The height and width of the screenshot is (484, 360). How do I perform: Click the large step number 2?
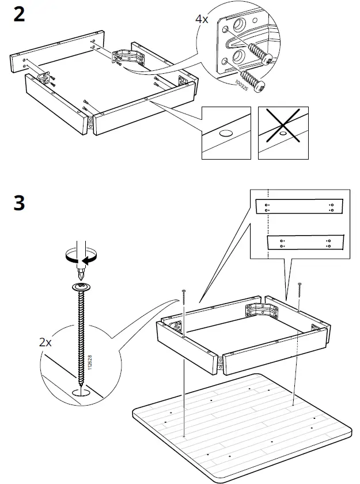click(19, 14)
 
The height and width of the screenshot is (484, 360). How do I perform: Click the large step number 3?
click(19, 203)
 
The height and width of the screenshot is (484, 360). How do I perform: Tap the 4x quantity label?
click(202, 19)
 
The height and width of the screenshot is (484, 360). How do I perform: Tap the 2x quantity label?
click(46, 342)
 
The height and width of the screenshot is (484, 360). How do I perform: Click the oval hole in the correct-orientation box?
click(226, 133)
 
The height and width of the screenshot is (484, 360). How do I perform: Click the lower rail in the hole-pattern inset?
click(305, 242)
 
